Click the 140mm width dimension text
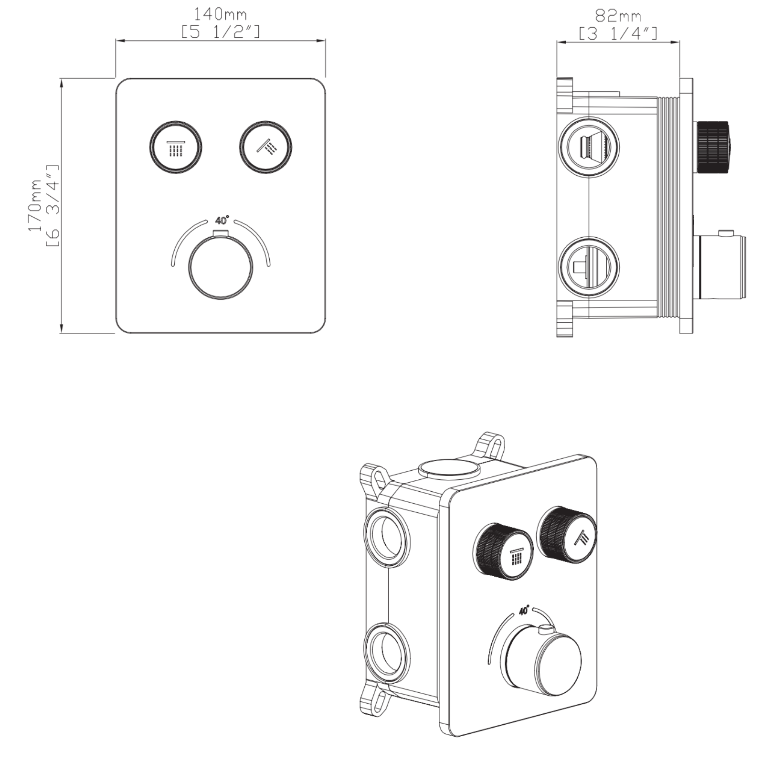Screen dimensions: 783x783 [220, 14]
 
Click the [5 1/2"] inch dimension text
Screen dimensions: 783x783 [220, 32]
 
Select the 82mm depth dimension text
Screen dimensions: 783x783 [618, 16]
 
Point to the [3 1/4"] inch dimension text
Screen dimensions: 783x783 [618, 33]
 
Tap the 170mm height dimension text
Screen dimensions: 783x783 [34, 205]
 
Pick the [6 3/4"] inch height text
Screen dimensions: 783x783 [52, 205]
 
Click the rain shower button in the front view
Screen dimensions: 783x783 [175, 147]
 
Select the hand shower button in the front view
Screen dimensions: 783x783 [265, 147]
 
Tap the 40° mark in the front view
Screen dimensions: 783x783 [222, 221]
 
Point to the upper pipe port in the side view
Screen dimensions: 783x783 [589, 147]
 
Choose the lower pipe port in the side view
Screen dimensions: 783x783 [589, 267]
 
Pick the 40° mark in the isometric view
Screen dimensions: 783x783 [524, 611]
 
